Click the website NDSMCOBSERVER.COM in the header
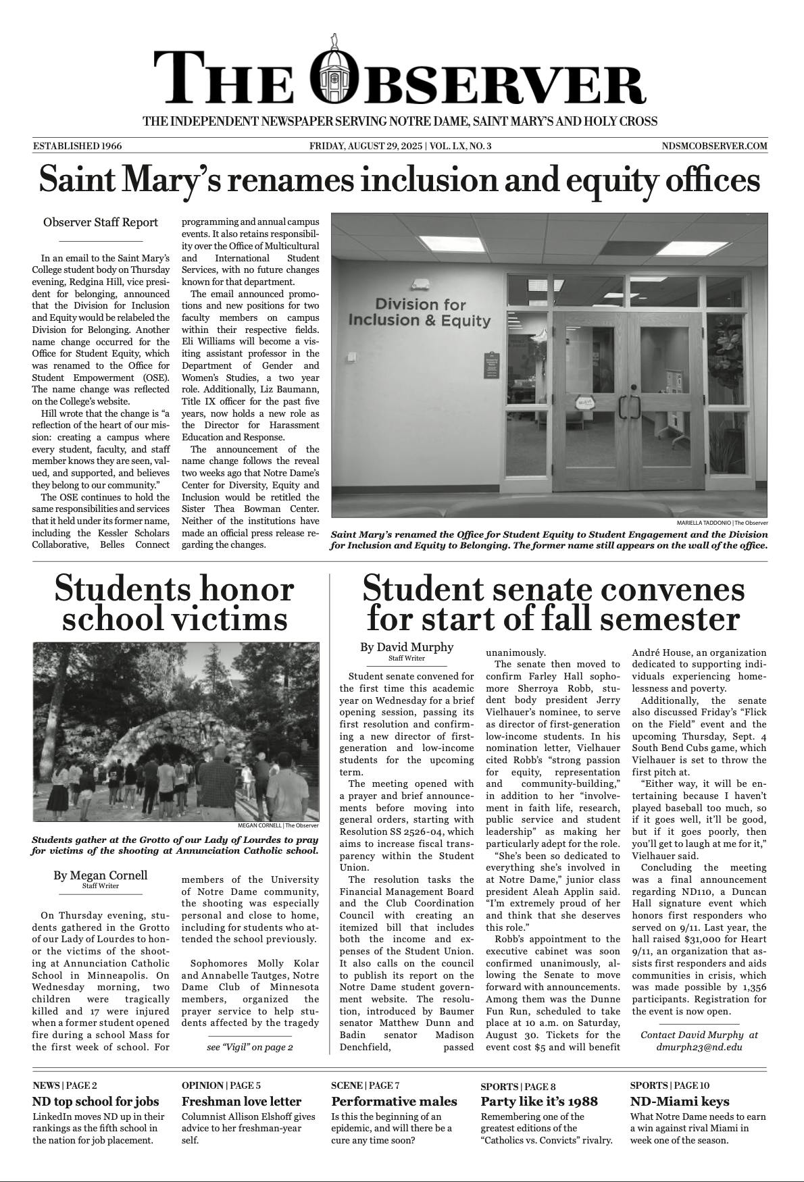coord(715,146)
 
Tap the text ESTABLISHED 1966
coord(77,146)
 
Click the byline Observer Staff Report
coord(101,222)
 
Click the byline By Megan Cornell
coord(101,875)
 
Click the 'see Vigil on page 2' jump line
coord(250,1048)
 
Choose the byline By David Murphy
coord(407,647)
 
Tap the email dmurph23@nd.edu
coord(699,1047)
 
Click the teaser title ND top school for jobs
coord(96,1102)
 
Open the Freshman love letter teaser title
coord(242,1102)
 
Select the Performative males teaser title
coord(395,1102)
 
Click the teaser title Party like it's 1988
coord(539,1102)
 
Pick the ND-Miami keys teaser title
coord(679,1102)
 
